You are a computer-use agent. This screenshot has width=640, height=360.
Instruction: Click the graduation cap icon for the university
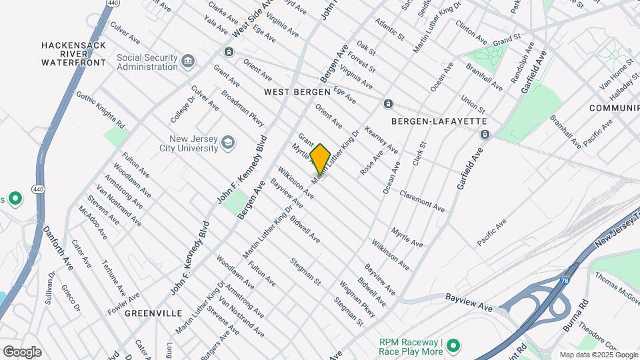(x=228, y=143)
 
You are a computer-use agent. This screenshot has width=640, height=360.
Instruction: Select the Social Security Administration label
(x=147, y=62)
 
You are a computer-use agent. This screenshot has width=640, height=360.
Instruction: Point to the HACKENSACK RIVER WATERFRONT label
(x=74, y=53)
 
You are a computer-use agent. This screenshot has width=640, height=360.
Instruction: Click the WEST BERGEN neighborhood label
(x=297, y=91)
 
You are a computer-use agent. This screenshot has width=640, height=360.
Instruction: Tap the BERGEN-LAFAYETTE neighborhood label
(x=439, y=121)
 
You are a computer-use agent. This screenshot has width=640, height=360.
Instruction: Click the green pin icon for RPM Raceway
(x=453, y=345)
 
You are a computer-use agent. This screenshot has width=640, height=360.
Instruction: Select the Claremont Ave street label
(x=422, y=201)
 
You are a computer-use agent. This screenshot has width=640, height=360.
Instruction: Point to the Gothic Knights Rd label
(x=101, y=110)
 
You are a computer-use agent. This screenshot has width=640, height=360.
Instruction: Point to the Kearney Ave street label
(x=381, y=141)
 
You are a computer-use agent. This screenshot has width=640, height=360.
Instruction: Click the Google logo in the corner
(x=22, y=351)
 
